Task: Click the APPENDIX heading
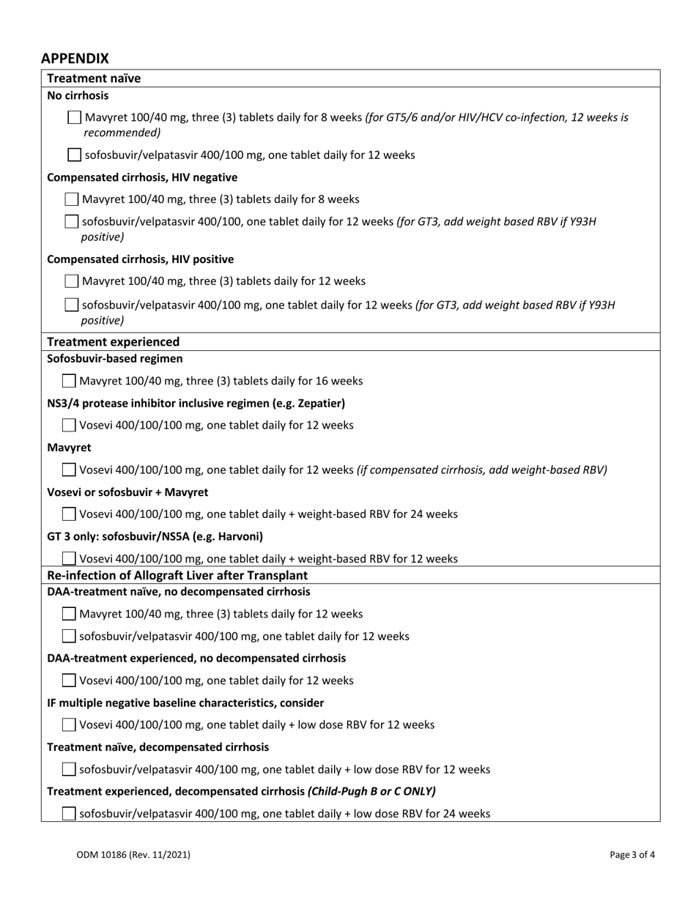pos(75,59)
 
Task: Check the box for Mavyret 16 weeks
pos(69,381)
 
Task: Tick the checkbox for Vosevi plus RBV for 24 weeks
pos(69,514)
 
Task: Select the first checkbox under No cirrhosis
pos(75,117)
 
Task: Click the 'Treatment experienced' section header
pos(113,341)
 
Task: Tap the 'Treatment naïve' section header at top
pos(94,78)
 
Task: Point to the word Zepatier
pos(319,403)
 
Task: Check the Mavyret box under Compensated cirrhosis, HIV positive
pos(72,281)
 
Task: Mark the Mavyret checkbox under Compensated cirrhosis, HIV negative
pos(72,199)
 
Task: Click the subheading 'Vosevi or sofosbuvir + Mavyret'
pos(127,492)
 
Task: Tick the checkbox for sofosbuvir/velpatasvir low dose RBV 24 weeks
pos(69,813)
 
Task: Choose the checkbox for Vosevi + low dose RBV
pos(69,724)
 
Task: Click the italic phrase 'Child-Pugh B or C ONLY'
pos(371,791)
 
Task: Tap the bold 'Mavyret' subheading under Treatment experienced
pos(69,447)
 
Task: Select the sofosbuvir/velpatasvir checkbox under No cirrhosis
pos(75,155)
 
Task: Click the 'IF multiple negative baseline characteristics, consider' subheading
pos(185,702)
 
